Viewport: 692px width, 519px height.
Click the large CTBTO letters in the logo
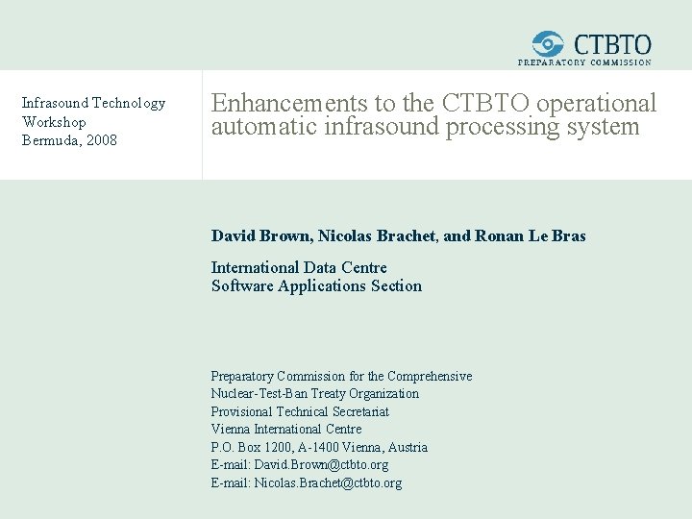612,44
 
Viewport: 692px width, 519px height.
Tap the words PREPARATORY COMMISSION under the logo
584,62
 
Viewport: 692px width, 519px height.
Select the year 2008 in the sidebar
101,140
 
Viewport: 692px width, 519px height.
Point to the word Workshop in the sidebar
54,122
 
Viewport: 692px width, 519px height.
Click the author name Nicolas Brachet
375,235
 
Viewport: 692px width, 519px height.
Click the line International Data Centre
299,267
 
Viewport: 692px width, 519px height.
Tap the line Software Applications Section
316,285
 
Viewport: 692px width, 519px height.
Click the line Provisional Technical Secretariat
300,411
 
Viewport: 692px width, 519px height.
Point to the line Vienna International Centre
286,429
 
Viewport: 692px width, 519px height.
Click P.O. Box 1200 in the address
244,447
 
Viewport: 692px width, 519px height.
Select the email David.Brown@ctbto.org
321,465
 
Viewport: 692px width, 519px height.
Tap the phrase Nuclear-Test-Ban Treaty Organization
315,393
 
